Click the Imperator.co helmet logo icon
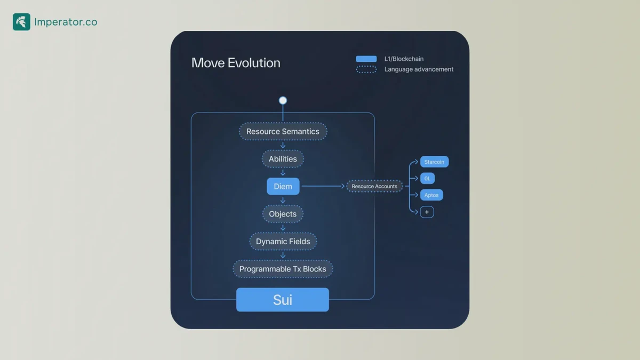point(21,22)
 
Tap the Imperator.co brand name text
point(66,22)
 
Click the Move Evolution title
point(236,63)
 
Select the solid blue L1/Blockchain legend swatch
point(366,59)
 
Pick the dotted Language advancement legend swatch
point(366,69)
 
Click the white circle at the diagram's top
point(283,100)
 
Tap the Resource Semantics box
point(283,132)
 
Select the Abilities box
point(283,159)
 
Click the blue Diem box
point(283,187)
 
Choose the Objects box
point(283,214)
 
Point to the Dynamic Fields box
point(283,242)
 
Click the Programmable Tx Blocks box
point(283,269)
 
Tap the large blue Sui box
point(283,300)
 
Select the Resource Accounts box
point(374,187)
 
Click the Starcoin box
point(434,162)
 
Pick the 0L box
point(427,179)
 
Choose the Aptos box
point(431,195)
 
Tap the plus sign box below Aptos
point(427,212)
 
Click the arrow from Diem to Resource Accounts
point(323,186)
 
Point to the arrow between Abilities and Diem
point(283,173)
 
